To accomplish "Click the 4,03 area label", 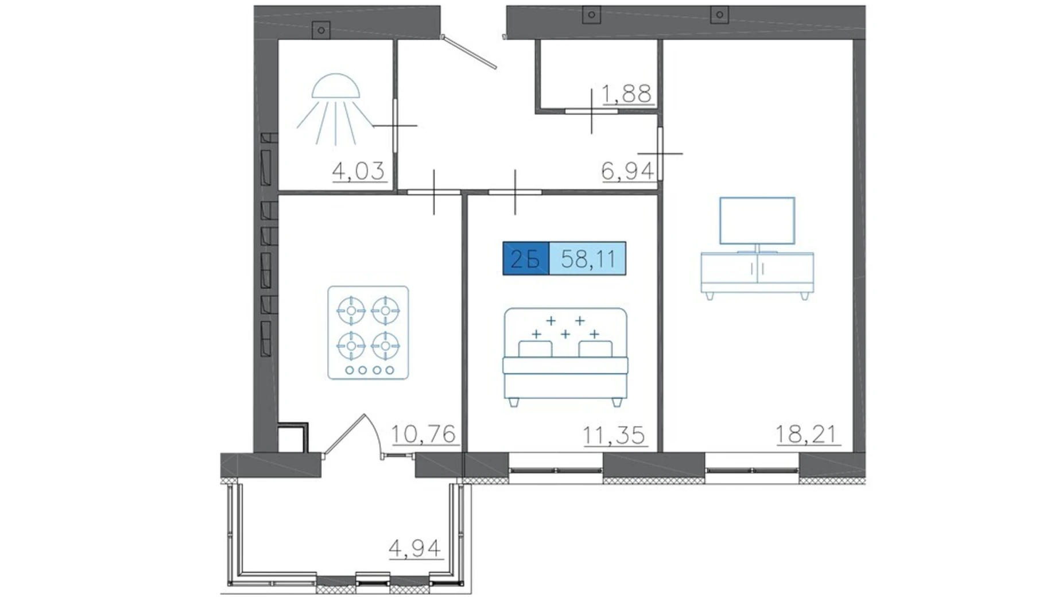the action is [358, 171].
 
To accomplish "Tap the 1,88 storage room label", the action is [626, 94].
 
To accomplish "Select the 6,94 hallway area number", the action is [627, 170].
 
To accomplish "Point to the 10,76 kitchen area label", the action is [424, 435].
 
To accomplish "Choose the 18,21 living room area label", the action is [806, 435].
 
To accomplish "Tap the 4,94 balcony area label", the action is [415, 548].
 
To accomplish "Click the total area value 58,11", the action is [588, 259].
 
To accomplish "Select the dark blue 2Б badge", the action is [526, 258].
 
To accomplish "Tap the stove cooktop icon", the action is [368, 333].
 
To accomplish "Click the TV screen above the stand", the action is [757, 221].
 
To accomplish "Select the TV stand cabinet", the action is [757, 274].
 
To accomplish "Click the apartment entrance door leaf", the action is [470, 52].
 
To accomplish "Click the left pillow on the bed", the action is [535, 349].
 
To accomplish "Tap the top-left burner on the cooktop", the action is [351, 311].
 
